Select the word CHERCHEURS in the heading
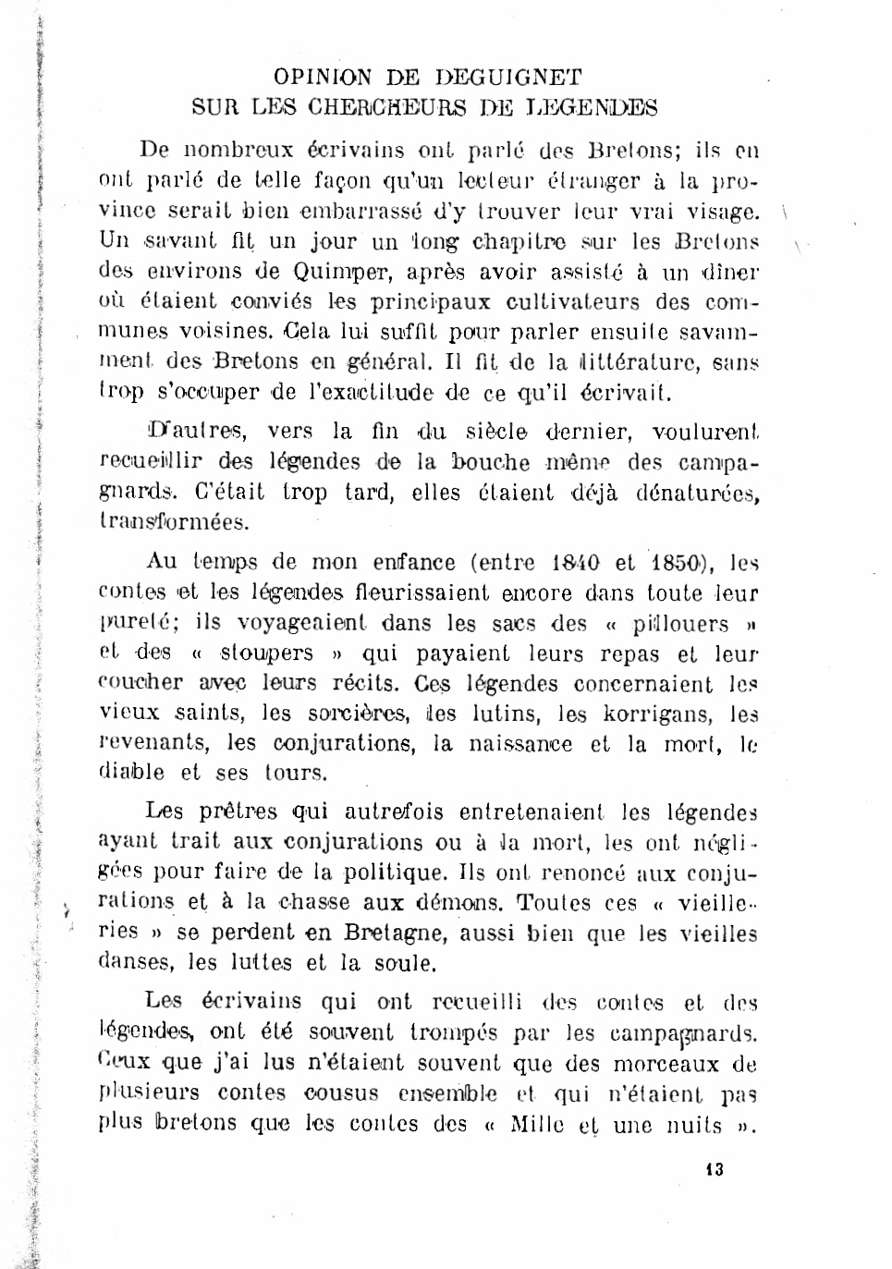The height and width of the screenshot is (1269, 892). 388,108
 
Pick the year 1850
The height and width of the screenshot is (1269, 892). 678,562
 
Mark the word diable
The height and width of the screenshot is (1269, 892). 131,773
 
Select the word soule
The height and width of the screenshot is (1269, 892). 404,964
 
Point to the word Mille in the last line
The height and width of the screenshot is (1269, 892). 536,1125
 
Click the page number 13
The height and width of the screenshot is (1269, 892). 714,1169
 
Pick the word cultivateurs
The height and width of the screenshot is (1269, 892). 572,302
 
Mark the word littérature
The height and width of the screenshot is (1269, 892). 632,362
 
